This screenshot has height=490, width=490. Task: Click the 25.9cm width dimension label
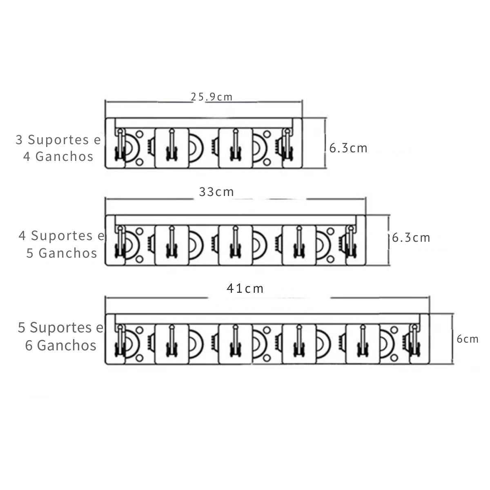[212, 97]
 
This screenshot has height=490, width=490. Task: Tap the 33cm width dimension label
[216, 192]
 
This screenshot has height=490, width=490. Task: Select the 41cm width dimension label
[245, 289]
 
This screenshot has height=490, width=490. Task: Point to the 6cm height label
[468, 339]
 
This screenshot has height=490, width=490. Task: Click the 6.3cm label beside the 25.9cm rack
[348, 148]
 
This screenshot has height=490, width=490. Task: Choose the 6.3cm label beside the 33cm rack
[411, 238]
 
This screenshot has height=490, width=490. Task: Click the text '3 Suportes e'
[58, 140]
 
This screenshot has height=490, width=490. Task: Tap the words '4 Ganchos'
[58, 156]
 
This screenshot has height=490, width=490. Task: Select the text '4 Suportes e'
[61, 236]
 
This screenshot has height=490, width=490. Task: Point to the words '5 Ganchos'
[62, 253]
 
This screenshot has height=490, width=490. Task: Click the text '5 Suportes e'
[60, 327]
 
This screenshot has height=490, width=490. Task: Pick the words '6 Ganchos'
[61, 345]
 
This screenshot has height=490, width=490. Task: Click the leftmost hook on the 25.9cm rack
[120, 145]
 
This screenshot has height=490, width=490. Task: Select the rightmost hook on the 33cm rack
[350, 242]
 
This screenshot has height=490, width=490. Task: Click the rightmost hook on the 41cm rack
[414, 341]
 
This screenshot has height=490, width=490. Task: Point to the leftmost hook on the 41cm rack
[120, 341]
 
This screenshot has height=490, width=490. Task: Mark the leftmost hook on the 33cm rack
[120, 242]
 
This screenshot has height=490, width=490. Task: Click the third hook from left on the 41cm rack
[235, 341]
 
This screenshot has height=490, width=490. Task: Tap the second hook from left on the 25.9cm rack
[171, 145]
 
